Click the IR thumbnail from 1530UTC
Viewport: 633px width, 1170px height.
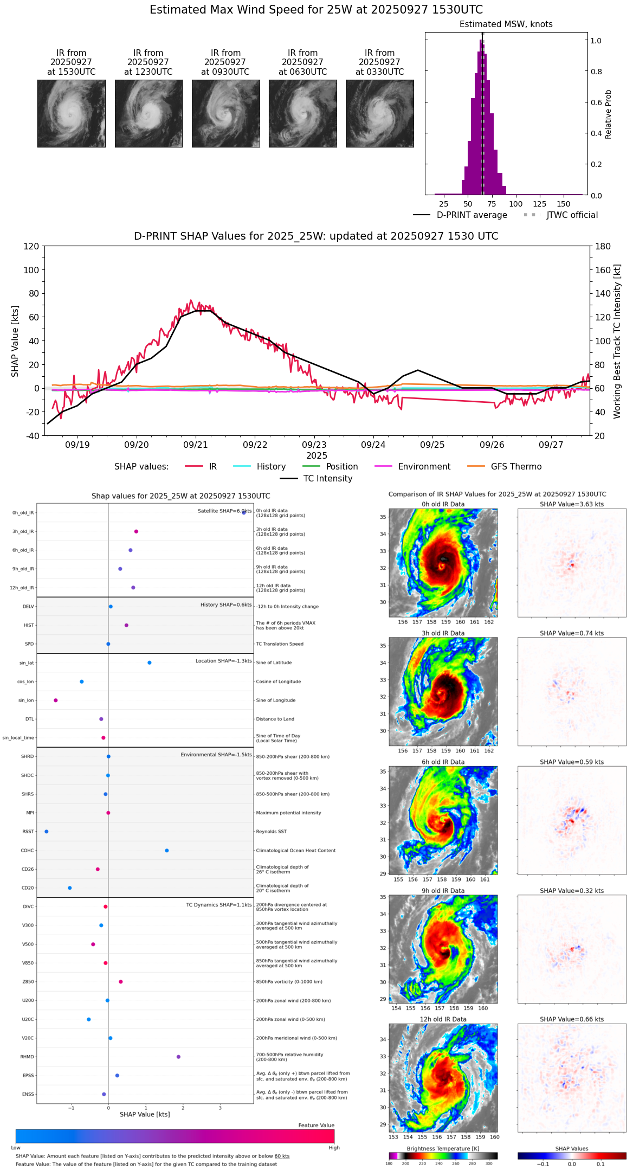(x=71, y=113)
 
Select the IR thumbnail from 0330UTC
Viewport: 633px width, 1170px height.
(x=380, y=113)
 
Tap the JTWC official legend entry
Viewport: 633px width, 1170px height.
(x=572, y=215)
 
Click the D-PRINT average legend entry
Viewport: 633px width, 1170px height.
(x=471, y=215)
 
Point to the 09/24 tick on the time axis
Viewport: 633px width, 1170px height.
(x=373, y=445)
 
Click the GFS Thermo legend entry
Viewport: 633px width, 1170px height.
(x=516, y=467)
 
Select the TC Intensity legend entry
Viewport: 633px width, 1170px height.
(x=327, y=479)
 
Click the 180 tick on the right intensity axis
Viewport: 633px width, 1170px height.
(x=603, y=247)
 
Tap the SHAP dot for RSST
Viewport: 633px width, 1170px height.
(x=47, y=832)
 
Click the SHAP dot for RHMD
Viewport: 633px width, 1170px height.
(x=178, y=1057)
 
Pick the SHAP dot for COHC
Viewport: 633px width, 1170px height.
(x=167, y=851)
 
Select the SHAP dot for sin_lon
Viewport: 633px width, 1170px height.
(x=56, y=700)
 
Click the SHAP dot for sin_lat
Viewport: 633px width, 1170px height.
(x=150, y=663)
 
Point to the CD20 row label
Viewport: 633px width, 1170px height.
(x=28, y=888)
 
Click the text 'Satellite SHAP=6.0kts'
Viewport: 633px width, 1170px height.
(x=224, y=511)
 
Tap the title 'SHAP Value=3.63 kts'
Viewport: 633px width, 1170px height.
(x=571, y=504)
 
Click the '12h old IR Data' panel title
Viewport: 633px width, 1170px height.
(x=443, y=1019)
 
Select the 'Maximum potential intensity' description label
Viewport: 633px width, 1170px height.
(x=288, y=813)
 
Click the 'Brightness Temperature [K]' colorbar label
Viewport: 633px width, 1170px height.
(x=443, y=1148)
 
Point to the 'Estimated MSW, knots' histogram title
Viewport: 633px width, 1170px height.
(x=506, y=24)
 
